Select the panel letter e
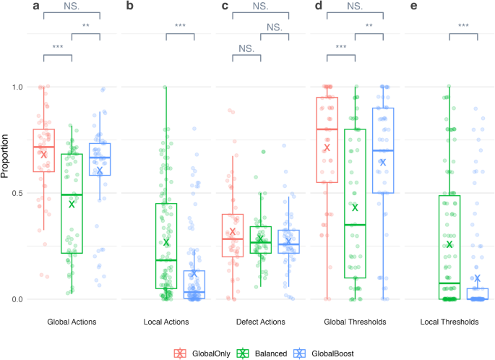point(414,7)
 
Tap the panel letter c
point(225,7)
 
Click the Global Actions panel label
point(72,322)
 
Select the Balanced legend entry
point(267,352)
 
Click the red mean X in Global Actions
point(43,155)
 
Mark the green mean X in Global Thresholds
point(355,207)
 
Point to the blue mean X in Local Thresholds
point(477,278)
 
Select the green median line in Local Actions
point(166,260)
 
